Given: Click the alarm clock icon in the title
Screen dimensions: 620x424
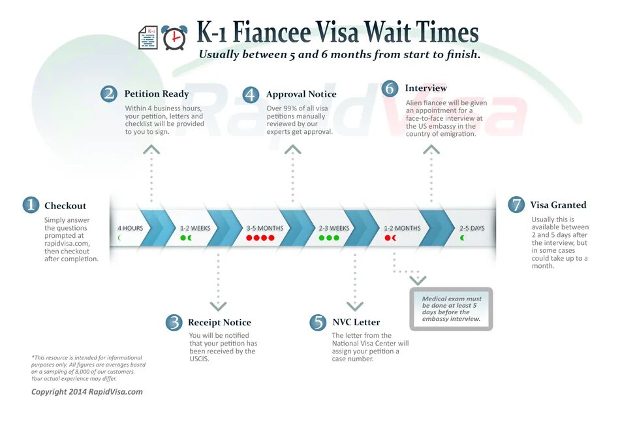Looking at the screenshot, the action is (174, 38).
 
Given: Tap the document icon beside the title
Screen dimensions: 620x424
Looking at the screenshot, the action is (148, 38).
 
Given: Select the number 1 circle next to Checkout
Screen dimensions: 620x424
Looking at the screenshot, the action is (31, 205).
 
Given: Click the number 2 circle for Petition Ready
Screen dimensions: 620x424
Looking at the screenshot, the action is (109, 94).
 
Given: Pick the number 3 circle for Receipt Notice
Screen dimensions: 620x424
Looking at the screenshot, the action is (174, 322).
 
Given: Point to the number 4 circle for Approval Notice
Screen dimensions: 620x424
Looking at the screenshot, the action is (251, 95).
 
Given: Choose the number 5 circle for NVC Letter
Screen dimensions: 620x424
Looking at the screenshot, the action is (318, 322).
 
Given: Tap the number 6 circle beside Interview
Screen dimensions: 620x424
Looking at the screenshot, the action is (390, 88).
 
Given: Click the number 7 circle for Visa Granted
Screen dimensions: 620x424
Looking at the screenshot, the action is (516, 205).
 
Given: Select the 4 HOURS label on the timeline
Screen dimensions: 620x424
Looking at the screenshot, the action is (130, 229).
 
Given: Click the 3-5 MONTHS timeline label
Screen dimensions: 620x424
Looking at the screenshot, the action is (265, 229).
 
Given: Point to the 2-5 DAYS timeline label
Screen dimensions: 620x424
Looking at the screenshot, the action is (472, 229).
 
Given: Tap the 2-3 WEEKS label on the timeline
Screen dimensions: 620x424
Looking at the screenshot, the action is (334, 229).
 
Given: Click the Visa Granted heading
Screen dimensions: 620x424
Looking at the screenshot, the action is (558, 205).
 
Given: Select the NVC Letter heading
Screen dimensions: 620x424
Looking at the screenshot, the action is (356, 322).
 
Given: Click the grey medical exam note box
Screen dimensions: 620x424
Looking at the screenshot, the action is (451, 308).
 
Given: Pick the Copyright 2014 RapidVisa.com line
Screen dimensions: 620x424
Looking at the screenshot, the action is (87, 392).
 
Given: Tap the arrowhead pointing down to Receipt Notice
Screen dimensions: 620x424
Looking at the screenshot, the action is (218, 306).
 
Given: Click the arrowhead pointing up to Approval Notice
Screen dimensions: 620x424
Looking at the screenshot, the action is (293, 150).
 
